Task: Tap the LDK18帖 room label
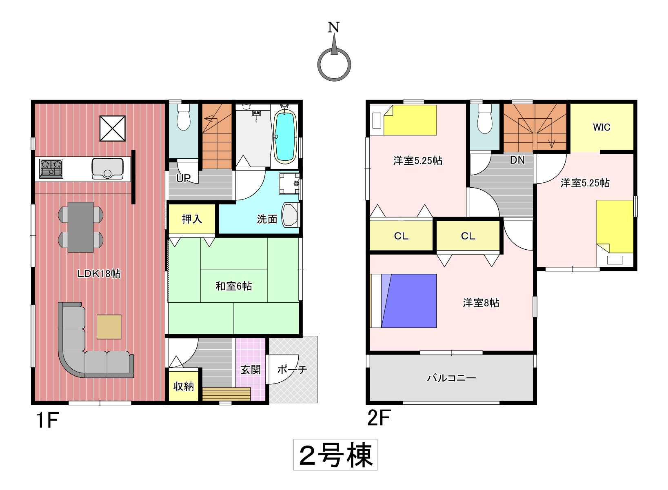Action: [x=99, y=273]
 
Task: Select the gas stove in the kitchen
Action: [x=51, y=169]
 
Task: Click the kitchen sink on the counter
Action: [x=107, y=169]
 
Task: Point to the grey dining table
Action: [x=81, y=227]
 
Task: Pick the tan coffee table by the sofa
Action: [x=109, y=327]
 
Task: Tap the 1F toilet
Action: [x=183, y=117]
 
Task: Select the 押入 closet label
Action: [x=192, y=219]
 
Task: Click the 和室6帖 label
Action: [x=234, y=286]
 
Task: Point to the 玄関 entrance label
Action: [x=251, y=370]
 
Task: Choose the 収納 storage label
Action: [x=184, y=386]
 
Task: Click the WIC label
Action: [x=601, y=127]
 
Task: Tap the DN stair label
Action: [x=517, y=160]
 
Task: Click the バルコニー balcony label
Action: [x=451, y=378]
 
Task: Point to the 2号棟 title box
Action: [x=335, y=455]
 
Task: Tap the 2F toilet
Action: [x=485, y=118]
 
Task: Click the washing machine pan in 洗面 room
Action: [x=289, y=184]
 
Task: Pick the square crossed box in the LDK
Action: [x=113, y=128]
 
